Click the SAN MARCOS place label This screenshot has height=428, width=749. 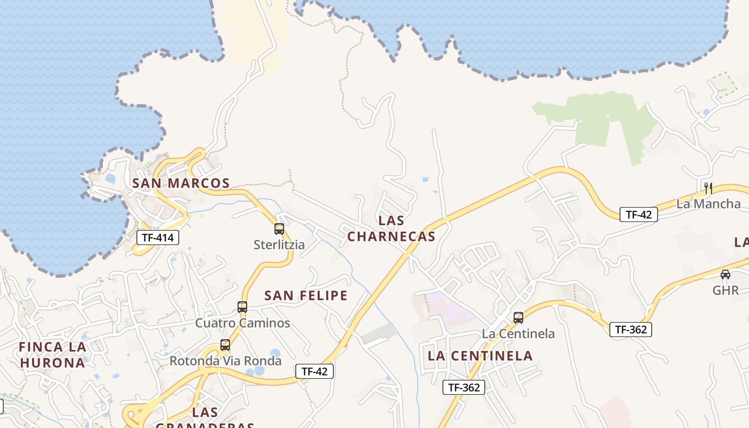(181, 184)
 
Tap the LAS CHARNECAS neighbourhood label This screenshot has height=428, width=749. (391, 228)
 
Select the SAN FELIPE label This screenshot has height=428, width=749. (306, 295)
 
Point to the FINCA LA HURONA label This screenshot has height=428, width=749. (52, 355)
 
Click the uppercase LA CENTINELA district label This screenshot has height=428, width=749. (480, 356)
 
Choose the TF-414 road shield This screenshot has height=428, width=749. (158, 238)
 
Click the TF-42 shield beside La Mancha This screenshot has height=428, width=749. (639, 215)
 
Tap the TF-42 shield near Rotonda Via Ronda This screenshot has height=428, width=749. (315, 371)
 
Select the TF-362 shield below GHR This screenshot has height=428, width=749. (631, 330)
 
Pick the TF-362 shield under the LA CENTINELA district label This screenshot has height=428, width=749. (463, 387)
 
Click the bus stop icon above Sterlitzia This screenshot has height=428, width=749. (279, 229)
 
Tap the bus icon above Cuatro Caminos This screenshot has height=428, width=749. (242, 307)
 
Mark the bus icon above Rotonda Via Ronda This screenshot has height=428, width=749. (225, 345)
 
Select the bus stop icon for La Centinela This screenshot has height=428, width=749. (518, 318)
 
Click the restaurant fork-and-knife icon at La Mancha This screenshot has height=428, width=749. (708, 188)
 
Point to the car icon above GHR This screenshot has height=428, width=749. (725, 274)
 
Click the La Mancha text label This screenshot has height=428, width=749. (708, 204)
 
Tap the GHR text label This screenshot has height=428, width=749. (725, 291)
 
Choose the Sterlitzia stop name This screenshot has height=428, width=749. (279, 245)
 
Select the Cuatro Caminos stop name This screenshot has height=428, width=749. (242, 323)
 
